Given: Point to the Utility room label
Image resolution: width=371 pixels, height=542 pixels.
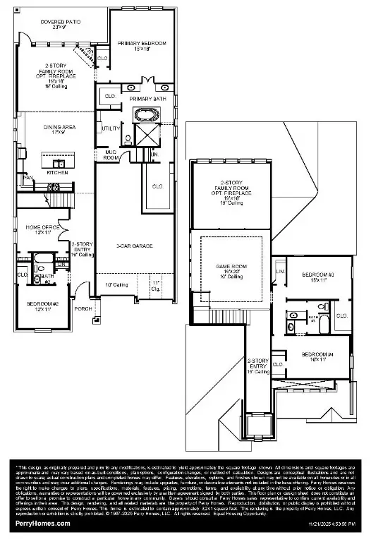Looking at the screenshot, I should [x=111, y=128].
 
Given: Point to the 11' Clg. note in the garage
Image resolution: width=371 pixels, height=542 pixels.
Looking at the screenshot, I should [x=156, y=287].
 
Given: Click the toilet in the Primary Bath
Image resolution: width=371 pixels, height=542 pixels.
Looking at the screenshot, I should [x=128, y=138].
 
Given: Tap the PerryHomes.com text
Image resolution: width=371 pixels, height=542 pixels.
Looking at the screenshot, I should [x=44, y=524].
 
